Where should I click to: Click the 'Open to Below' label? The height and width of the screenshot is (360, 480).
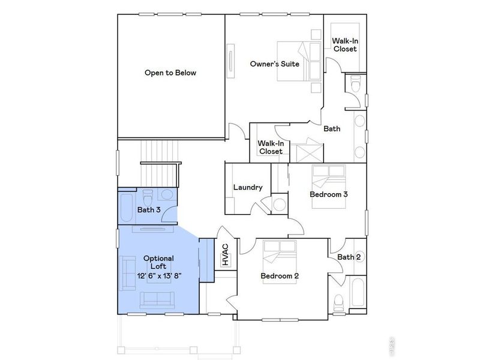pos(170,73)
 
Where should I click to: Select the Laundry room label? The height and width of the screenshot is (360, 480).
pos(248,187)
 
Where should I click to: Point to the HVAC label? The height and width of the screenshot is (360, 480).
pos(226,254)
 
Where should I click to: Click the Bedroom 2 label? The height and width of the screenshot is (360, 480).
pos(280,276)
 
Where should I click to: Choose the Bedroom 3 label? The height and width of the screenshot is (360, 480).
pos(329,194)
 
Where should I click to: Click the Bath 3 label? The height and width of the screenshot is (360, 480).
pos(149,210)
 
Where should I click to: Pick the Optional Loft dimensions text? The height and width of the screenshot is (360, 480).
pos(159,275)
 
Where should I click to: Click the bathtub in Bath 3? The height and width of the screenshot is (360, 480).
pos(127,207)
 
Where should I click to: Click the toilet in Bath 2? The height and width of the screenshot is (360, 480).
pos(339,300)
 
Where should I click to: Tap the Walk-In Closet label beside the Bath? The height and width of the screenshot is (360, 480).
pos(271,148)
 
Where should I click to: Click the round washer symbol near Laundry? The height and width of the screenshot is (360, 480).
pos(280,204)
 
